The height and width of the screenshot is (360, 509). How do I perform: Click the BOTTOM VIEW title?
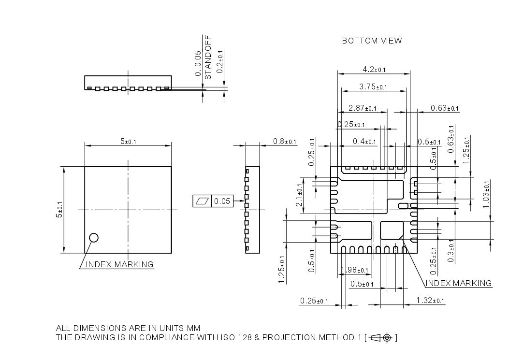[x=372, y=41]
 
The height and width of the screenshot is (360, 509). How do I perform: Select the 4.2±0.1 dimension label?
[x=374, y=70]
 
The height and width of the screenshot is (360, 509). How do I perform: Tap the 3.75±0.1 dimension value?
[x=375, y=87]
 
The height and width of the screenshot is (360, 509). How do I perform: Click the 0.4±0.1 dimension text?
[x=364, y=142]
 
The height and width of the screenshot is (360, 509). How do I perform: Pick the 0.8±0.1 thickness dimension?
[x=285, y=142]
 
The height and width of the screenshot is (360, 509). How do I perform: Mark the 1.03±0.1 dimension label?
[x=486, y=194]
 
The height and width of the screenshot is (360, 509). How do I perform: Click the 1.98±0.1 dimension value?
[x=354, y=270]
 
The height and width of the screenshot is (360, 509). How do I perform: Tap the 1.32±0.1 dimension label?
[x=430, y=301]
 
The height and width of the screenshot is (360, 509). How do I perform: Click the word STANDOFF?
[x=208, y=57]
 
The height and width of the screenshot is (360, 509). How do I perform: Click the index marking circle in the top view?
[x=94, y=237]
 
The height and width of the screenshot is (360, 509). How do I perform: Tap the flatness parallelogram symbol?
[x=203, y=201]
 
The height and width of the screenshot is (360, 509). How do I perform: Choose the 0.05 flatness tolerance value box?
[x=222, y=201]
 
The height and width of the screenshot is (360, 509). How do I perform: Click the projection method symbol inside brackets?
[x=382, y=338]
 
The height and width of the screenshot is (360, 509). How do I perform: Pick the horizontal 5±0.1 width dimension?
[x=128, y=142]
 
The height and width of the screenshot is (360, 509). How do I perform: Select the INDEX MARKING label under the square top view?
[x=119, y=264]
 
